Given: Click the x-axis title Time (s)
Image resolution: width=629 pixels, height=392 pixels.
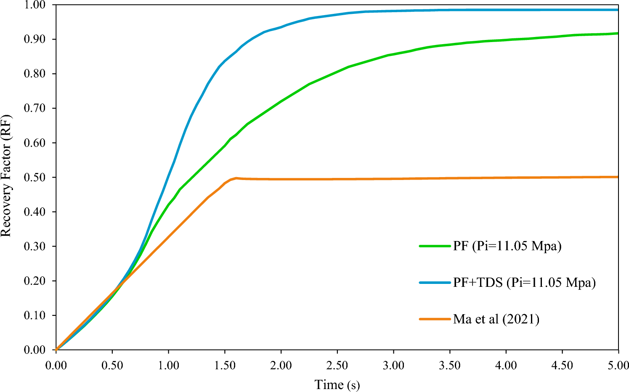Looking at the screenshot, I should click(x=337, y=384).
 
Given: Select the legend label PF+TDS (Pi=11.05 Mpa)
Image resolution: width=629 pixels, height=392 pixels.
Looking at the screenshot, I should click(x=524, y=283).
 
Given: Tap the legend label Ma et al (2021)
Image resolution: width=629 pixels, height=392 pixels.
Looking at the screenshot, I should click(x=496, y=319).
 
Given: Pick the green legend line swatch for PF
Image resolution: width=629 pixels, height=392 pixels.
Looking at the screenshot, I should click(x=435, y=246).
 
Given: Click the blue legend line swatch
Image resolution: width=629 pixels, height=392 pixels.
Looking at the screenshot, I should click(x=435, y=283).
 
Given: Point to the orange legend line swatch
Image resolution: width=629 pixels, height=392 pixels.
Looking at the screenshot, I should click(x=435, y=319).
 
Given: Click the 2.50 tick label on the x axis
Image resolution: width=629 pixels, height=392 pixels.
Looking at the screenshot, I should click(x=337, y=365).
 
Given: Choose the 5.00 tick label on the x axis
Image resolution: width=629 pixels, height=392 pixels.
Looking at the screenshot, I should click(x=618, y=365).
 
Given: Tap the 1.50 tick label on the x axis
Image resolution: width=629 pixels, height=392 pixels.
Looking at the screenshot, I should click(x=225, y=365).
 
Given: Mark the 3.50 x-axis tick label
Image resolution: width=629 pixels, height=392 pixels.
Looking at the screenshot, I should click(x=449, y=365).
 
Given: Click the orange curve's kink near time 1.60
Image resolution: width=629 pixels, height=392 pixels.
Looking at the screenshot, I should click(x=236, y=178).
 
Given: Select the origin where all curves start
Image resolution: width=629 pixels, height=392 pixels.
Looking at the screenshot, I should click(x=56, y=350).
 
